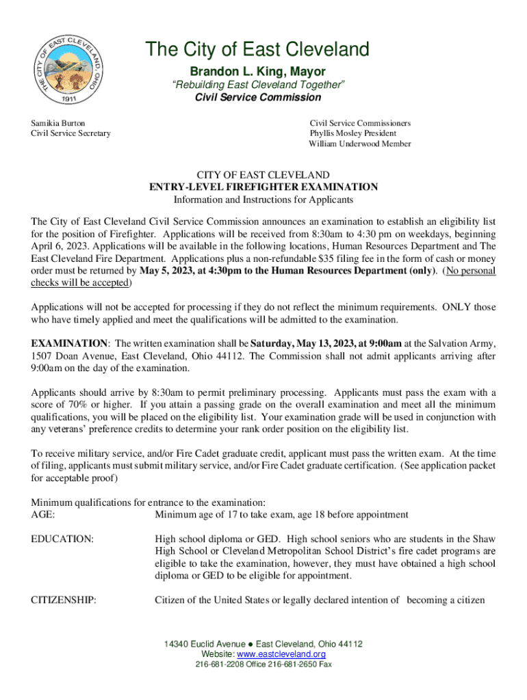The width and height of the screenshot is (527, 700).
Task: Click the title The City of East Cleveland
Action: [x=257, y=50]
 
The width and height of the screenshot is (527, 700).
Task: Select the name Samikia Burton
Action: [x=58, y=123]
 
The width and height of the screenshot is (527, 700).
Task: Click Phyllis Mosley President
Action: [x=352, y=133]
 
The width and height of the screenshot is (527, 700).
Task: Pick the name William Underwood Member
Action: [x=359, y=144]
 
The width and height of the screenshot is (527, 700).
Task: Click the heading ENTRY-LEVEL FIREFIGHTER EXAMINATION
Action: [x=263, y=187]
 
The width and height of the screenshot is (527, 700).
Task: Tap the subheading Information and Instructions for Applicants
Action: [x=263, y=200]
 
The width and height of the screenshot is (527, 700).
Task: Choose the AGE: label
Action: [x=43, y=514]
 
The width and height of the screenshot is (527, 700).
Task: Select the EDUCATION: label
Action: [x=62, y=539]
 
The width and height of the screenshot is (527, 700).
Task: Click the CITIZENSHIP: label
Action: [x=64, y=600]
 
